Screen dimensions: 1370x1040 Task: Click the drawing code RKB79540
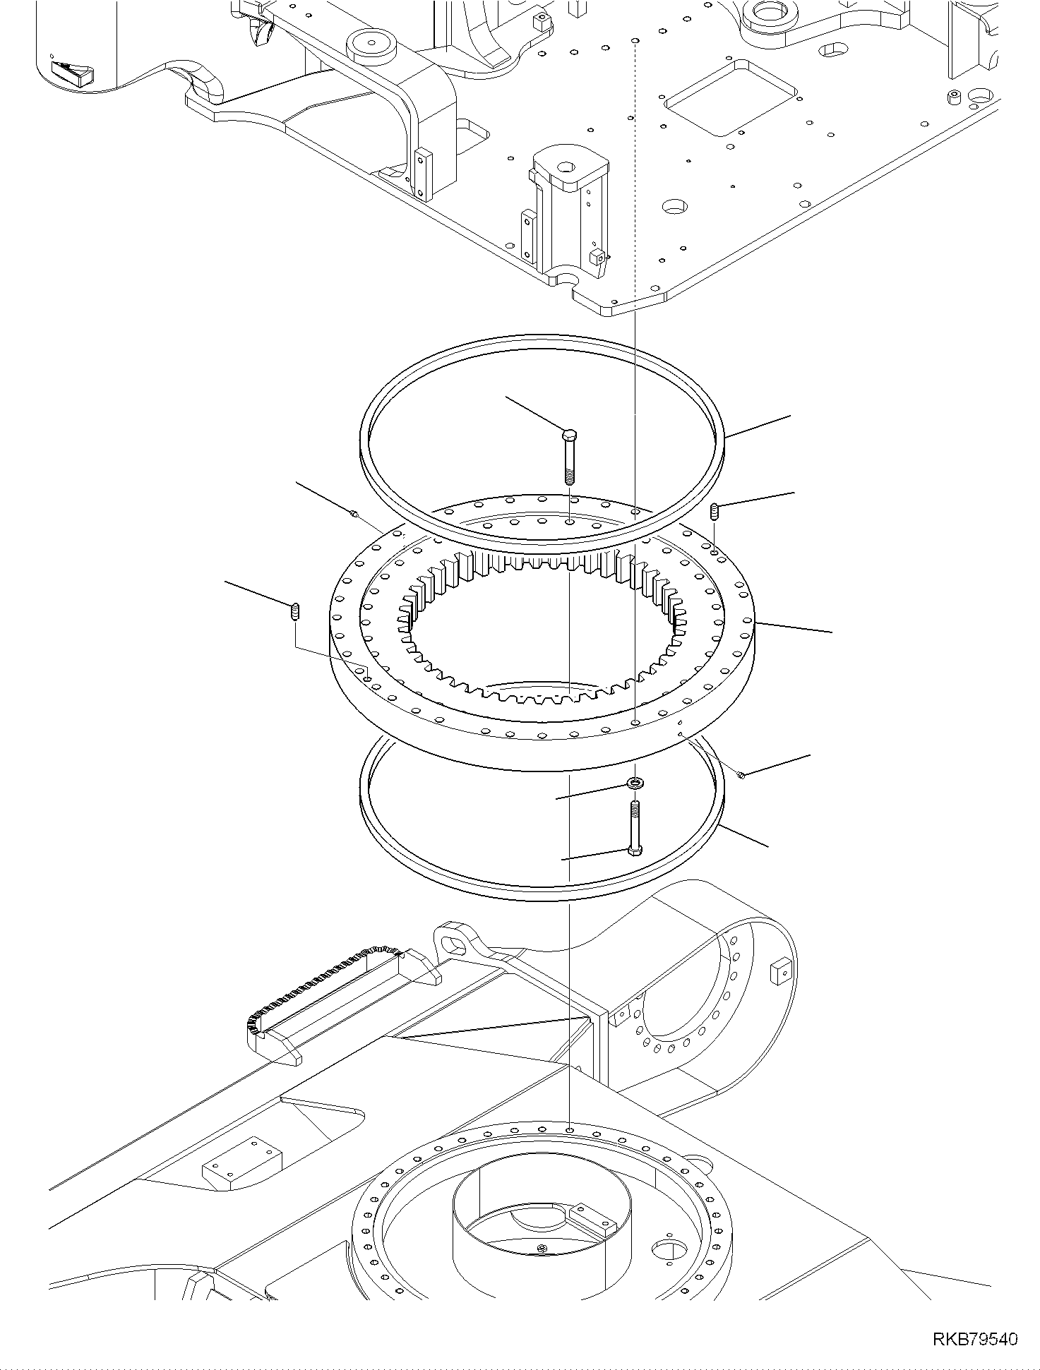click(975, 1339)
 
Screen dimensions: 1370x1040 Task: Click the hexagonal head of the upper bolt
click(570, 433)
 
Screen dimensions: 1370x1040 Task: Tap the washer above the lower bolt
click(636, 783)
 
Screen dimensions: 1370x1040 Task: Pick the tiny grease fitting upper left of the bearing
click(355, 515)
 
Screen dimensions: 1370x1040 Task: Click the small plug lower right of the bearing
click(741, 776)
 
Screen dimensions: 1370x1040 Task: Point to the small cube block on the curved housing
click(780, 972)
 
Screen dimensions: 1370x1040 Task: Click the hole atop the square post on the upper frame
click(566, 168)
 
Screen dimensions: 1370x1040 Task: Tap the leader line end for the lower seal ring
click(768, 845)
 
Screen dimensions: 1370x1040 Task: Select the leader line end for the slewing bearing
click(832, 631)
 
